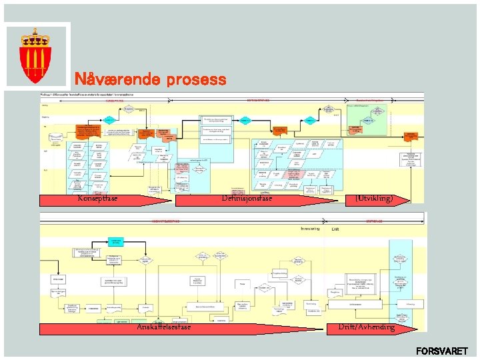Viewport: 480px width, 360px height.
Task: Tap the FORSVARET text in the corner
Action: (441, 351)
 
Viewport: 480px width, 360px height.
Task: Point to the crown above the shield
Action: (37, 35)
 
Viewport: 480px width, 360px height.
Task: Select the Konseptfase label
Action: (97, 199)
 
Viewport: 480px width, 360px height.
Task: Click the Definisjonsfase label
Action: (247, 199)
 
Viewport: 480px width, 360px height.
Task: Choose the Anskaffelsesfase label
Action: (163, 327)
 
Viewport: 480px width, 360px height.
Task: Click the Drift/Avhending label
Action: (366, 327)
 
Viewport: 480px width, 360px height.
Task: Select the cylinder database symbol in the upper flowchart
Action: (53, 139)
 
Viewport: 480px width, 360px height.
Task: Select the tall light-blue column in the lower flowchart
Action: (400, 280)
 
